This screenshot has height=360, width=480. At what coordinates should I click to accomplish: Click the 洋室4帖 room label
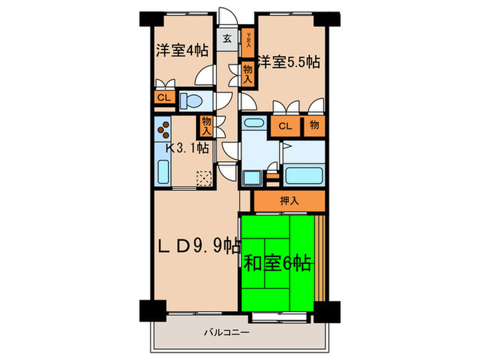(x=182, y=51)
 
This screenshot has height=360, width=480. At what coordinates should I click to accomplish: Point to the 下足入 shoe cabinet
(x=248, y=44)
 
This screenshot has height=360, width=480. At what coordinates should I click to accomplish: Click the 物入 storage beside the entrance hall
(x=248, y=73)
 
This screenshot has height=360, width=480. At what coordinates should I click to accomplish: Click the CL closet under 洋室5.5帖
(x=285, y=125)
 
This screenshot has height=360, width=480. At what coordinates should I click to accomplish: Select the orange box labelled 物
(x=314, y=125)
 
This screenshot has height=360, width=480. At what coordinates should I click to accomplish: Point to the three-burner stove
(x=162, y=128)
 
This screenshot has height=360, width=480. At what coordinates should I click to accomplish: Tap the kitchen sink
(x=163, y=171)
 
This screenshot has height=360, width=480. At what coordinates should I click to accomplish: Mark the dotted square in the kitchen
(x=204, y=178)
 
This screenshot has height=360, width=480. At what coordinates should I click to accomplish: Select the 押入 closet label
(x=289, y=202)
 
